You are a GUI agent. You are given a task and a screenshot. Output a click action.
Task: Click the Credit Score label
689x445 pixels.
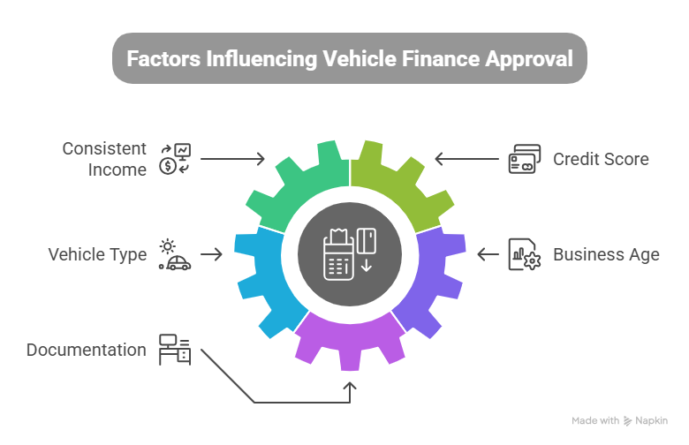coord(601,160)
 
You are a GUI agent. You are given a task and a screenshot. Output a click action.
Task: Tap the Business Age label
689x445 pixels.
coord(606,255)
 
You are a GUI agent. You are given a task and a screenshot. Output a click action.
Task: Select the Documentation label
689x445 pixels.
coord(87,350)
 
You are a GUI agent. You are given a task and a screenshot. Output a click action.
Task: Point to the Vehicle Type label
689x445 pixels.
coord(97,255)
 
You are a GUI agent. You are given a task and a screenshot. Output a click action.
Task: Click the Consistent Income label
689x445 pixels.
coord(104,160)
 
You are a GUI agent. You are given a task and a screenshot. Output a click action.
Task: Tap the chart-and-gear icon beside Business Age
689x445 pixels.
coord(524,255)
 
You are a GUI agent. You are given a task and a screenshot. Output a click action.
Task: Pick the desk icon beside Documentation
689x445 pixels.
coord(174,350)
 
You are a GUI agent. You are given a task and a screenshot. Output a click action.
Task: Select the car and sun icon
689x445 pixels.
coord(174,254)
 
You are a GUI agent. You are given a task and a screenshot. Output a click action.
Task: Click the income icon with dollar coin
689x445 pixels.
coord(174,159)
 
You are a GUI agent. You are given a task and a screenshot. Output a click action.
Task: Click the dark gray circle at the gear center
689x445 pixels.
coord(351,253)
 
